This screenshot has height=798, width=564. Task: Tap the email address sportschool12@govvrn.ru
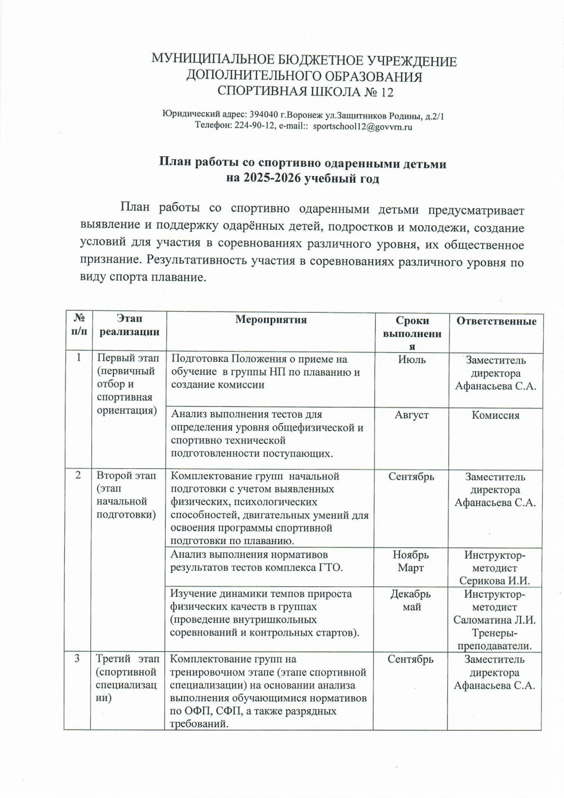pyautogui.click(x=363, y=127)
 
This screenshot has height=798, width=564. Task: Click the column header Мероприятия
pyautogui.click(x=271, y=320)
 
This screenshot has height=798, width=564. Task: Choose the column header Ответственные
pyautogui.click(x=496, y=321)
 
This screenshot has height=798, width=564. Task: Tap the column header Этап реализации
pyautogui.click(x=129, y=326)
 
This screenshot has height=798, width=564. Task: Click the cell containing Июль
pyautogui.click(x=412, y=359)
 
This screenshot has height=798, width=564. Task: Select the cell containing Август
pyautogui.click(x=412, y=415)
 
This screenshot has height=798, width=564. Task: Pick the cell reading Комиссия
pyautogui.click(x=496, y=415)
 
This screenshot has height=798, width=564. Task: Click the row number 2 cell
pyautogui.click(x=78, y=476)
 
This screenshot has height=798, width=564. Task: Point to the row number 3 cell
pyautogui.click(x=78, y=659)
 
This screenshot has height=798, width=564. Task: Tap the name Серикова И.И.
pyautogui.click(x=495, y=581)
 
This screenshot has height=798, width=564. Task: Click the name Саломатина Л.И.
pyautogui.click(x=495, y=620)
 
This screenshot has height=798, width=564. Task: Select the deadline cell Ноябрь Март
pyautogui.click(x=411, y=562)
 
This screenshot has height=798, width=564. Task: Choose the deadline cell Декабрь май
pyautogui.click(x=411, y=600)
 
